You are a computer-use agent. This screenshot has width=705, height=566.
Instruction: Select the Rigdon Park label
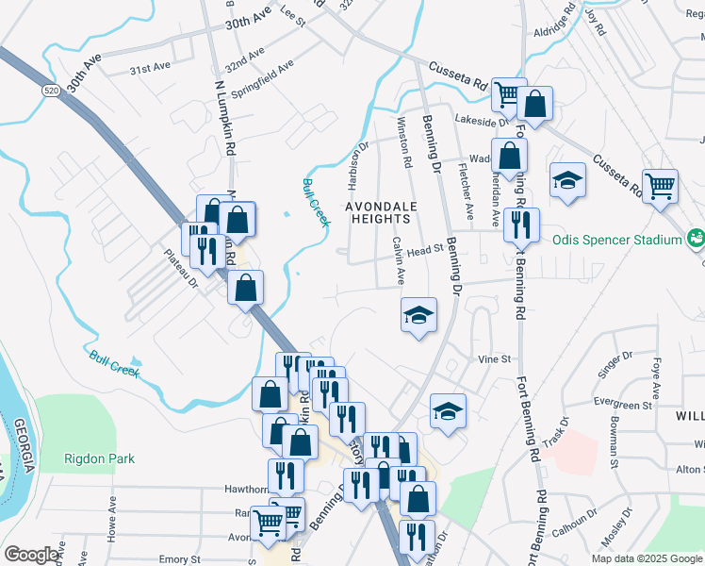pos(99,459)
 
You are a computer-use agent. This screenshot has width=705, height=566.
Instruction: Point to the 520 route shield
pos(51,91)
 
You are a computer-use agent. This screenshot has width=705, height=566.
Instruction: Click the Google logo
pos(31,555)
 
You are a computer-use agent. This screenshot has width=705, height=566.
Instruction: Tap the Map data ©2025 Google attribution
pos(646,558)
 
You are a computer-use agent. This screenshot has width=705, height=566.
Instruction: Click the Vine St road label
pos(494,359)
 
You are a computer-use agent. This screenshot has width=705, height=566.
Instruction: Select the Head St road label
pos(426,251)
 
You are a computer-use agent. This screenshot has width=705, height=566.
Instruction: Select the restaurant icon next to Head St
pos(521,225)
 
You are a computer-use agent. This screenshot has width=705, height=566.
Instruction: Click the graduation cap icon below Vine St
pos(449,410)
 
